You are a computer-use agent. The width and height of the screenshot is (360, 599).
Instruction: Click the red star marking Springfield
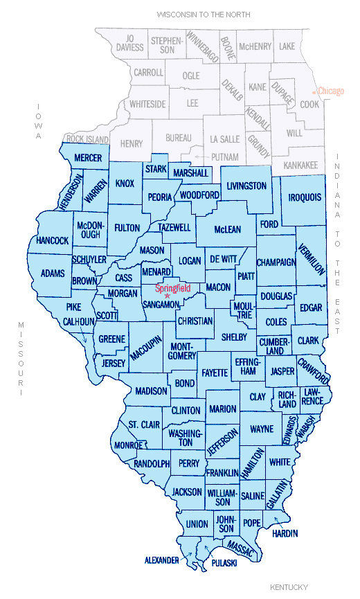pyautogui.click(x=167, y=296)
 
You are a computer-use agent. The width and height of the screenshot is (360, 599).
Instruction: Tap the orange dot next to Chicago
pyautogui.click(x=315, y=91)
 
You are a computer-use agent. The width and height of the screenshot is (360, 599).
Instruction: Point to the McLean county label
pyautogui.click(x=228, y=229)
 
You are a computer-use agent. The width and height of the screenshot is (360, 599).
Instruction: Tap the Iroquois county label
pyautogui.click(x=305, y=197)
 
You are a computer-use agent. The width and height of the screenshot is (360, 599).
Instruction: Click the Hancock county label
pyautogui.click(x=53, y=240)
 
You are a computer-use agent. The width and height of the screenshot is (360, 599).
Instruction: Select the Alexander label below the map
pyautogui.click(x=161, y=559)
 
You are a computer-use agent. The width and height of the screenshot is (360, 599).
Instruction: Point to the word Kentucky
pyautogui.click(x=289, y=587)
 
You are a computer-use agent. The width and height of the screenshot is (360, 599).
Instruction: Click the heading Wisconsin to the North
pyautogui.click(x=203, y=14)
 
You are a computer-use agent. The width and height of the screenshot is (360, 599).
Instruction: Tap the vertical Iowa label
pyautogui.click(x=39, y=122)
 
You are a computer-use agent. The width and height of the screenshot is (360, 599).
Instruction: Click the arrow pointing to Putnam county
pyautogui.click(x=191, y=157)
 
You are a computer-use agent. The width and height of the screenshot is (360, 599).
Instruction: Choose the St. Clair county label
pyautogui.click(x=143, y=424)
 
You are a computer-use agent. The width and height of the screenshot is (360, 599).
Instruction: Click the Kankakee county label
pyautogui.click(x=300, y=166)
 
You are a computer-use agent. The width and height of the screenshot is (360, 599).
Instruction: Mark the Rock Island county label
pyautogui.click(x=88, y=138)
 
